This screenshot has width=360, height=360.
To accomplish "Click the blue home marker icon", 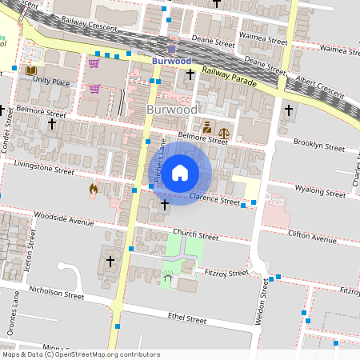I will pos(180,172).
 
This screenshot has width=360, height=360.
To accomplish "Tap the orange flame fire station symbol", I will pos(94,190).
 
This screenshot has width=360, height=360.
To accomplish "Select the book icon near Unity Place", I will pos(31,71).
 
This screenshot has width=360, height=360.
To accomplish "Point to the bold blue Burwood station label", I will pos(171,60).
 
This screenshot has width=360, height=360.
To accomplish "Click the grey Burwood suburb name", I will pos(172,109).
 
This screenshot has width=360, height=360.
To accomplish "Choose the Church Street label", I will pos(195,236).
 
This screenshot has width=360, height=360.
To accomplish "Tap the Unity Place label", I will pos(51,82).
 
